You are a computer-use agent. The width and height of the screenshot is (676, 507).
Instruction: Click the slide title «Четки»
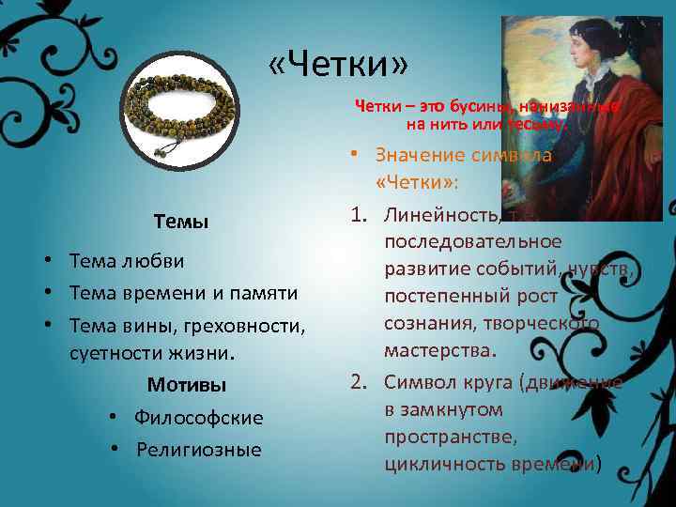pyautogui.click(x=338, y=66)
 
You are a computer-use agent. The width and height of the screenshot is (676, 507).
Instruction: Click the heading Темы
pyautogui.click(x=181, y=223)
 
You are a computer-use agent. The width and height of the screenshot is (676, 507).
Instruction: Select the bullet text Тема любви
pyautogui.click(x=127, y=260)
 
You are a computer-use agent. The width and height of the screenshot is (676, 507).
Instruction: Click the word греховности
pyautogui.click(x=253, y=325)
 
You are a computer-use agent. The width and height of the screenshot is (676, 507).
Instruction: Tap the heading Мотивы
pyautogui.click(x=186, y=385)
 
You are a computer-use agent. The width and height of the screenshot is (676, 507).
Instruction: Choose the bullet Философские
pyautogui.click(x=198, y=417)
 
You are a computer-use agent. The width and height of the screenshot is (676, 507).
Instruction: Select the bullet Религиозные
pyautogui.click(x=198, y=449)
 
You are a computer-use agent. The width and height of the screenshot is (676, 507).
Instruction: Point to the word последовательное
pyautogui.click(x=473, y=242)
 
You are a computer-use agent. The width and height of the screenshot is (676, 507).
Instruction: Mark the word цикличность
pyautogui.click(x=440, y=464)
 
